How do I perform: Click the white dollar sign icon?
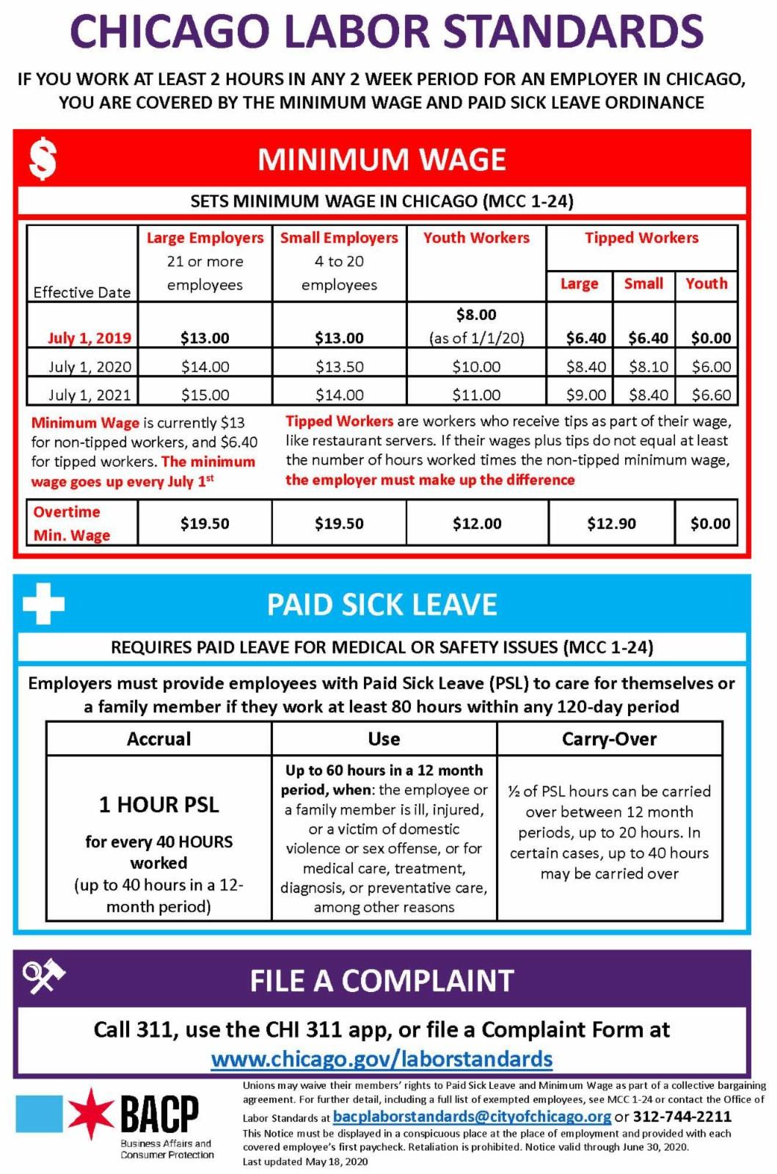[43, 159]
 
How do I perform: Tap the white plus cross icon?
[43, 604]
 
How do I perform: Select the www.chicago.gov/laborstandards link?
[382, 1059]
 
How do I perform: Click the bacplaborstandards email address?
[472, 1116]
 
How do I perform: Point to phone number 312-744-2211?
[682, 1116]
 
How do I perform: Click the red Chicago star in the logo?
[91, 1114]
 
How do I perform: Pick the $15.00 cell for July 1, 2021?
[205, 395]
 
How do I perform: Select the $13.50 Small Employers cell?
[339, 366]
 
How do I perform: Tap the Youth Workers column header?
[476, 238]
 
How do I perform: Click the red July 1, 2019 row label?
[90, 338]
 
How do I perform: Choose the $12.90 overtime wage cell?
[611, 523]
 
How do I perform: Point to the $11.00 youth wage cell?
[476, 395]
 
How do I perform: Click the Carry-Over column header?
[609, 739]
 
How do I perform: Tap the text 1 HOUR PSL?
[158, 804]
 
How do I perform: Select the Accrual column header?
[158, 739]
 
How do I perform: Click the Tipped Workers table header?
[641, 238]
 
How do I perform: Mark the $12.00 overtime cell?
[477, 523]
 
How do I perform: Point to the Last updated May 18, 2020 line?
[305, 1162]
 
